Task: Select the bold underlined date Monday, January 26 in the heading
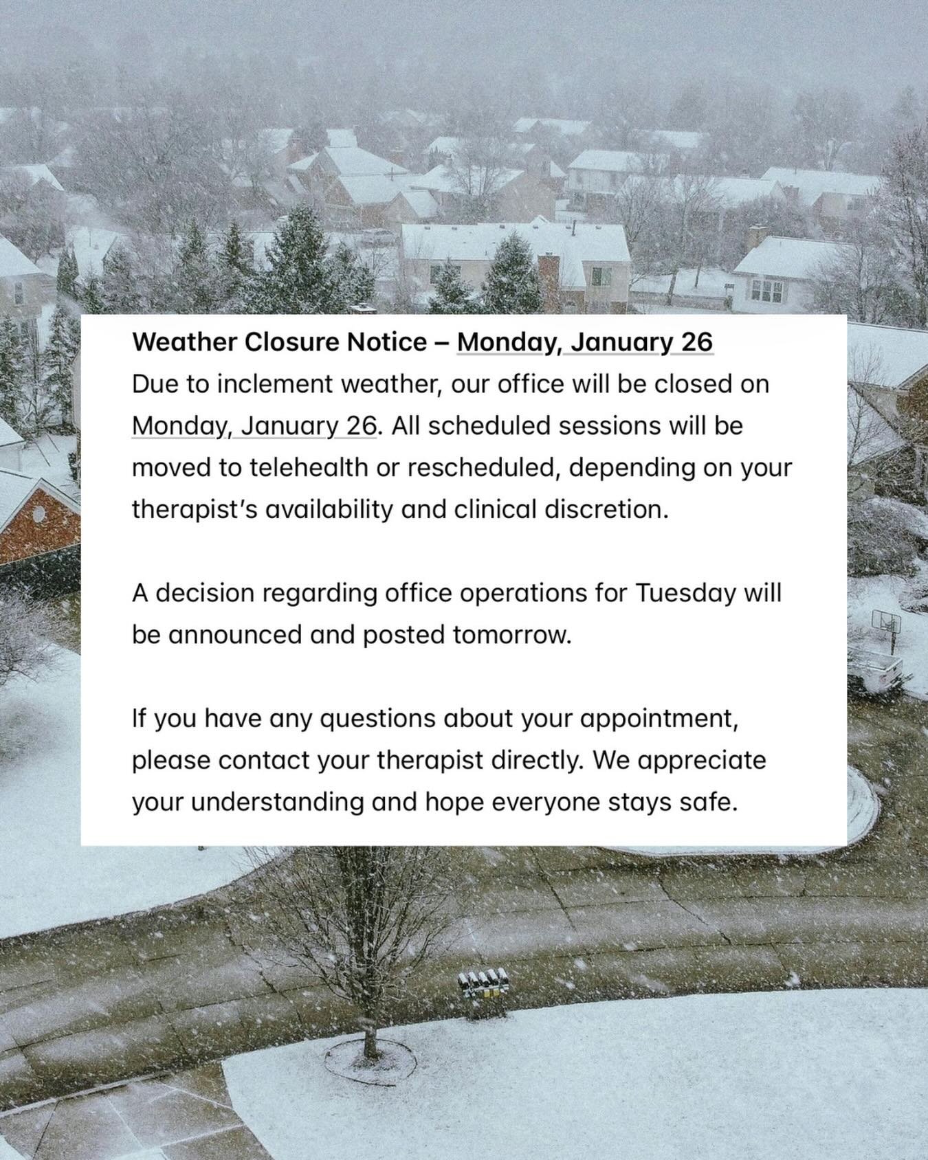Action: click(x=585, y=342)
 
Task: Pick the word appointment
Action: click(x=659, y=719)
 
